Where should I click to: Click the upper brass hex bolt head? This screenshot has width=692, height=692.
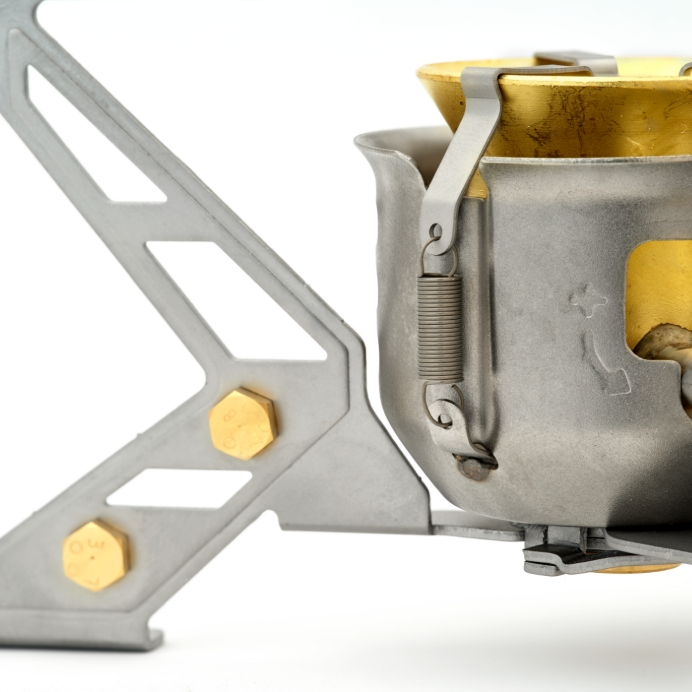pos(243,424)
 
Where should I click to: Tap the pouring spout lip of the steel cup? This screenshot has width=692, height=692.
pos(380,143)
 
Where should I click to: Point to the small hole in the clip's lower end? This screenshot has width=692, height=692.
pos(437,230)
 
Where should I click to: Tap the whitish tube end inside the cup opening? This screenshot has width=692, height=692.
pos(666,344)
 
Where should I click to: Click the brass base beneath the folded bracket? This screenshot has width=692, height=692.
pos(638,570)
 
